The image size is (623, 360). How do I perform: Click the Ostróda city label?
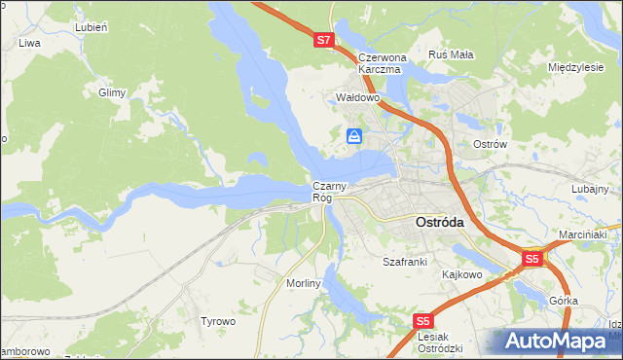tap(440, 222)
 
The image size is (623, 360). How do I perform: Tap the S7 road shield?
tap(325, 41)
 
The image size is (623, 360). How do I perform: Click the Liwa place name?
tap(29, 44)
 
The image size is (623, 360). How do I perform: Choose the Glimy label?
tap(112, 92)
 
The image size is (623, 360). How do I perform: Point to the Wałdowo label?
tap(356, 98)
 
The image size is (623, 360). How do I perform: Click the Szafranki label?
tap(405, 262)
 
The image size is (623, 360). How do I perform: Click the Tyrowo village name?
tap(218, 321)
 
